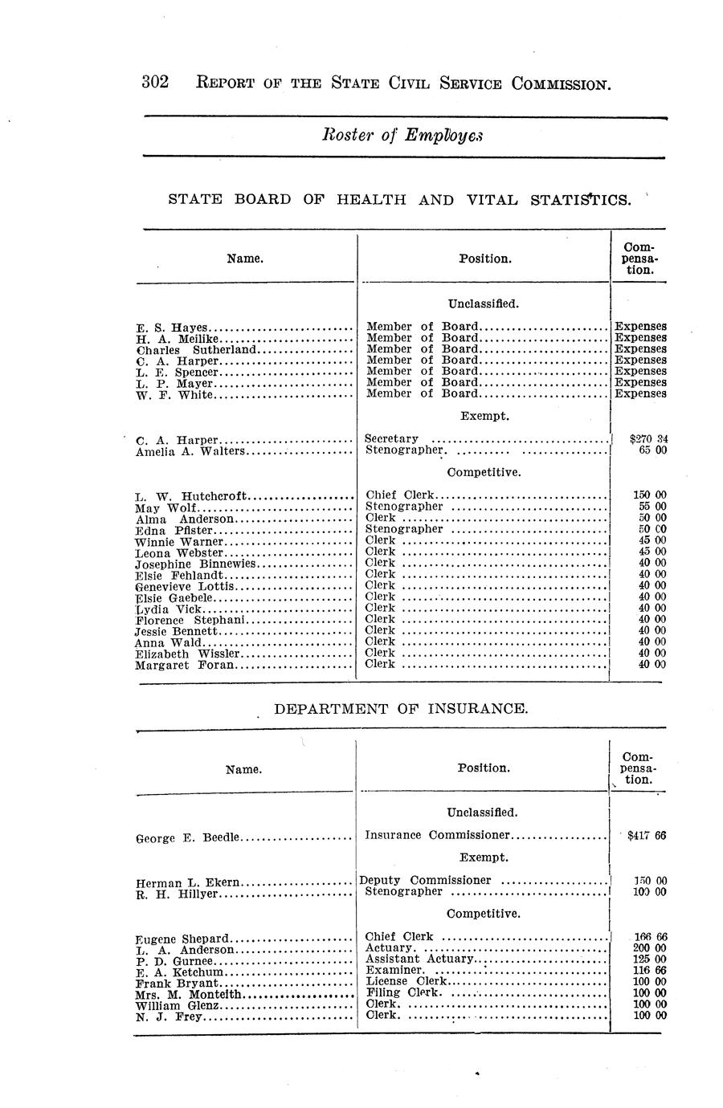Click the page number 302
pos(154,83)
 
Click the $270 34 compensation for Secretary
pos(649,439)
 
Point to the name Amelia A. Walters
pos(190,451)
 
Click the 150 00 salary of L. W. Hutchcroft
pos(650,495)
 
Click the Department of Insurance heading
pos(402,709)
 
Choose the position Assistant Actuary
pos(419,959)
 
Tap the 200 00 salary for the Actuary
pos(650,948)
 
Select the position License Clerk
pos(406,981)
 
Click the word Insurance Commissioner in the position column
pos(438,835)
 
